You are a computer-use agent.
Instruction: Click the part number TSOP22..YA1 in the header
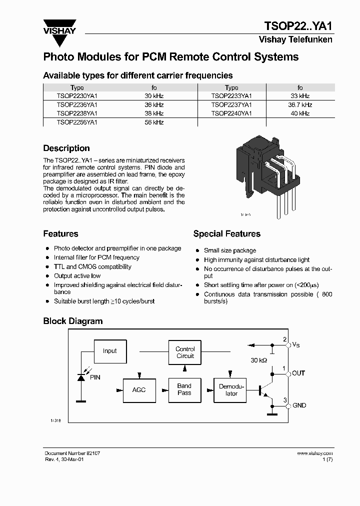[297, 26]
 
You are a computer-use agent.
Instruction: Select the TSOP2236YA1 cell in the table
[77, 104]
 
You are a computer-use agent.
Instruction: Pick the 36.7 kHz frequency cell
[300, 104]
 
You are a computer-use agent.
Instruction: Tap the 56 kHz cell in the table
[154, 122]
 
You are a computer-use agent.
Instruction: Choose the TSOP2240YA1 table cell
[231, 113]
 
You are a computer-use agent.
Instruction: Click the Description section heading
[66, 148]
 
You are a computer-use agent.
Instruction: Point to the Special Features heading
[226, 233]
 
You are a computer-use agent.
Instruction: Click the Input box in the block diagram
[109, 351]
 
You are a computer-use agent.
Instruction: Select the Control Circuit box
[185, 352]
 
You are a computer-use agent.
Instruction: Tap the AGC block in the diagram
[139, 389]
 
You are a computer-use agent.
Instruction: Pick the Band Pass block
[184, 389]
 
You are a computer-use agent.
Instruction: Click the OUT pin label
[298, 373]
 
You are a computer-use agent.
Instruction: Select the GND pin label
[299, 405]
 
